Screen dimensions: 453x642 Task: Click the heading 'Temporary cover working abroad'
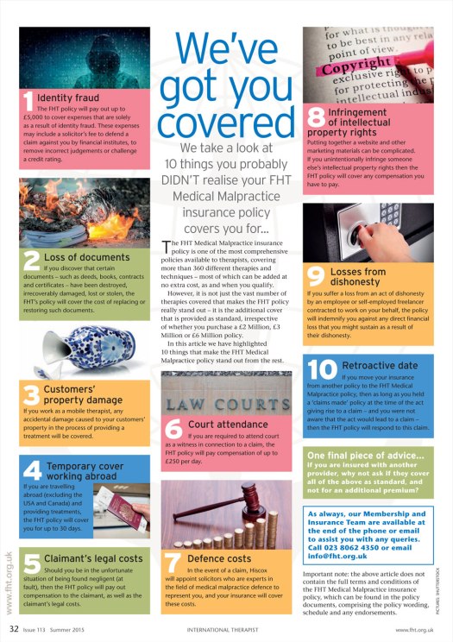(85, 471)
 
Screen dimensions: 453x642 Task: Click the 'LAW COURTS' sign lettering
(226, 405)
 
